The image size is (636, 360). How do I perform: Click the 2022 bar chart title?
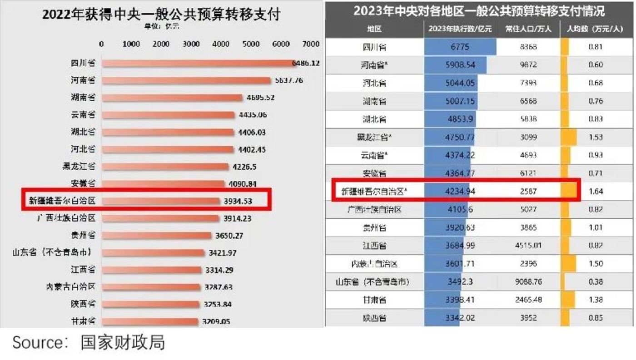pyautogui.click(x=161, y=14)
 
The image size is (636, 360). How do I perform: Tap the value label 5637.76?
pyautogui.click(x=289, y=80)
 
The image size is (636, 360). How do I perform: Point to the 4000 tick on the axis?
pyautogui.click(x=221, y=44)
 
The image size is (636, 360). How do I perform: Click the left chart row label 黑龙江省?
pyautogui.click(x=79, y=166)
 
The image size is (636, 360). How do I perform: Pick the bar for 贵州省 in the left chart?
pyautogui.click(x=157, y=236)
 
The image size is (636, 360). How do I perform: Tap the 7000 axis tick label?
pyautogui.click(x=311, y=44)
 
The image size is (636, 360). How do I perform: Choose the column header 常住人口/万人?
pyautogui.click(x=528, y=29)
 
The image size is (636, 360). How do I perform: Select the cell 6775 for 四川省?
pyautogui.click(x=460, y=47)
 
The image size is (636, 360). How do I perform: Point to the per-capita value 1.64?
pyautogui.click(x=596, y=192)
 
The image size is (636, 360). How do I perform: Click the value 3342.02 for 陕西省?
pyautogui.click(x=460, y=318)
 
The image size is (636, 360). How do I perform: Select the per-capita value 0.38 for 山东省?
pyautogui.click(x=596, y=282)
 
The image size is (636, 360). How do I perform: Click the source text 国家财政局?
pyautogui.click(x=123, y=342)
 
